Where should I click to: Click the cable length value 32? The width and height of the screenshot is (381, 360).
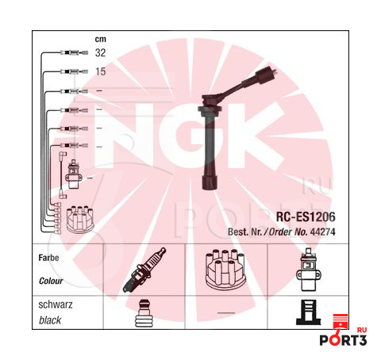click(x=100, y=52)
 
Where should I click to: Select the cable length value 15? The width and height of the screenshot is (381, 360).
click(x=101, y=71)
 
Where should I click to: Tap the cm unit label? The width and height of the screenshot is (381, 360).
click(x=101, y=39)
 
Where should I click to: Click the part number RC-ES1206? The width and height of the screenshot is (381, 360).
click(x=306, y=216)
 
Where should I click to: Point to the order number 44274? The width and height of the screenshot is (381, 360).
click(x=322, y=232)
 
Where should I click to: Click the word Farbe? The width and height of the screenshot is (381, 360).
click(x=48, y=258)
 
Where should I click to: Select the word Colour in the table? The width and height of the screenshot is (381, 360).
click(x=51, y=281)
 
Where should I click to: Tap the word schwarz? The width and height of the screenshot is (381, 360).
click(x=56, y=304)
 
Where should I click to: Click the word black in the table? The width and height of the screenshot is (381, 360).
click(x=50, y=320)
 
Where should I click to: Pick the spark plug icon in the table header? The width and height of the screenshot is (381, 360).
click(x=144, y=270)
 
